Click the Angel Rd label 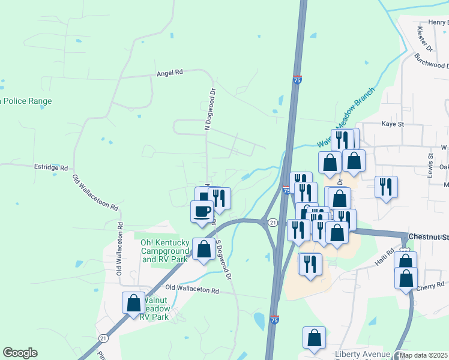coord(169,73)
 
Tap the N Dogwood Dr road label coord(209,110)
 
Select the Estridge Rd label coord(51,168)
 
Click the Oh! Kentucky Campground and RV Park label coord(165,251)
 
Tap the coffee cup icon coord(202,211)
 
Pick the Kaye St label coord(394,124)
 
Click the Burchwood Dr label coord(432,60)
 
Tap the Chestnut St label coord(427,236)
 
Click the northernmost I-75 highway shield coord(298,79)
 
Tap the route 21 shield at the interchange coord(273,223)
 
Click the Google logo coord(20,353)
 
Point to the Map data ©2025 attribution coord(423,355)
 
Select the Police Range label coord(27,101)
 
